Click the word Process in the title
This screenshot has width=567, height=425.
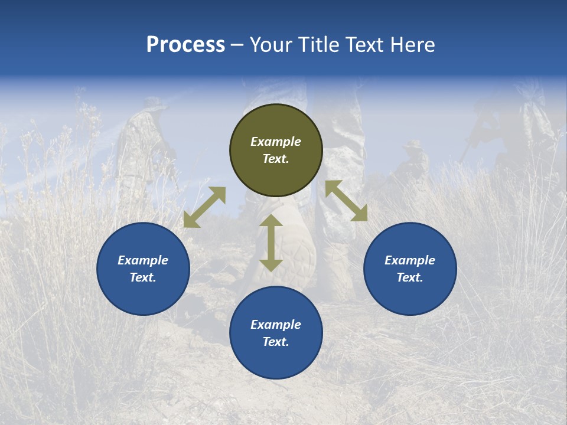pyautogui.click(x=185, y=45)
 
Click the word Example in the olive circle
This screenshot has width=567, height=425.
pyautogui.click(x=276, y=142)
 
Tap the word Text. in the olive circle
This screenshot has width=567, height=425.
pyautogui.click(x=276, y=159)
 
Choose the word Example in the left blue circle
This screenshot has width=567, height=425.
pyautogui.click(x=143, y=260)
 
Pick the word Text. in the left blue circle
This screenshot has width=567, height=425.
pyautogui.click(x=143, y=277)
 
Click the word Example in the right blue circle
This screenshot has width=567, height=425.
pyautogui.click(x=410, y=260)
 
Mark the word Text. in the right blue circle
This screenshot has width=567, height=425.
pyautogui.click(x=410, y=277)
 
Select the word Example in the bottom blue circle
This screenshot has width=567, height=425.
pyautogui.click(x=276, y=325)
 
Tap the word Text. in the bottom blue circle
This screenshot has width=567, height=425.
pyautogui.click(x=276, y=342)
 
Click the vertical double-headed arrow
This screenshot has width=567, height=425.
pyautogui.click(x=271, y=243)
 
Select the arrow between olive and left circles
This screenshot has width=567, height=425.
pyautogui.click(x=204, y=207)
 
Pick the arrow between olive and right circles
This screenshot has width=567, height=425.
pyautogui.click(x=346, y=201)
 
